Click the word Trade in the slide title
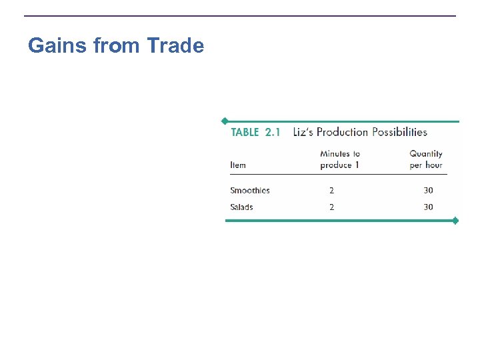tap(175, 45)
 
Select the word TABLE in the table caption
tap(245, 132)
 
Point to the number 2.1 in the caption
tap(273, 132)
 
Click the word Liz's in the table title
tap(303, 132)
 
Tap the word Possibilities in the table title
tap(399, 132)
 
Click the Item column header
tap(238, 165)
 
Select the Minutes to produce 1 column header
tap(340, 159)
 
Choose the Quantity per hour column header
tap(426, 159)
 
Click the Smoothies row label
tap(250, 191)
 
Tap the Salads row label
tap(241, 207)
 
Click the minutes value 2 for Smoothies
tap(331, 191)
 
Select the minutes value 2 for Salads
tap(331, 207)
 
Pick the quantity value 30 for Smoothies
tap(428, 191)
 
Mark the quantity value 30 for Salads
tap(428, 207)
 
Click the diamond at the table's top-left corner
tap(225, 121)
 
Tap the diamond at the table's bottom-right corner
tap(455, 221)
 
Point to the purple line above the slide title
tap(240, 16)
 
